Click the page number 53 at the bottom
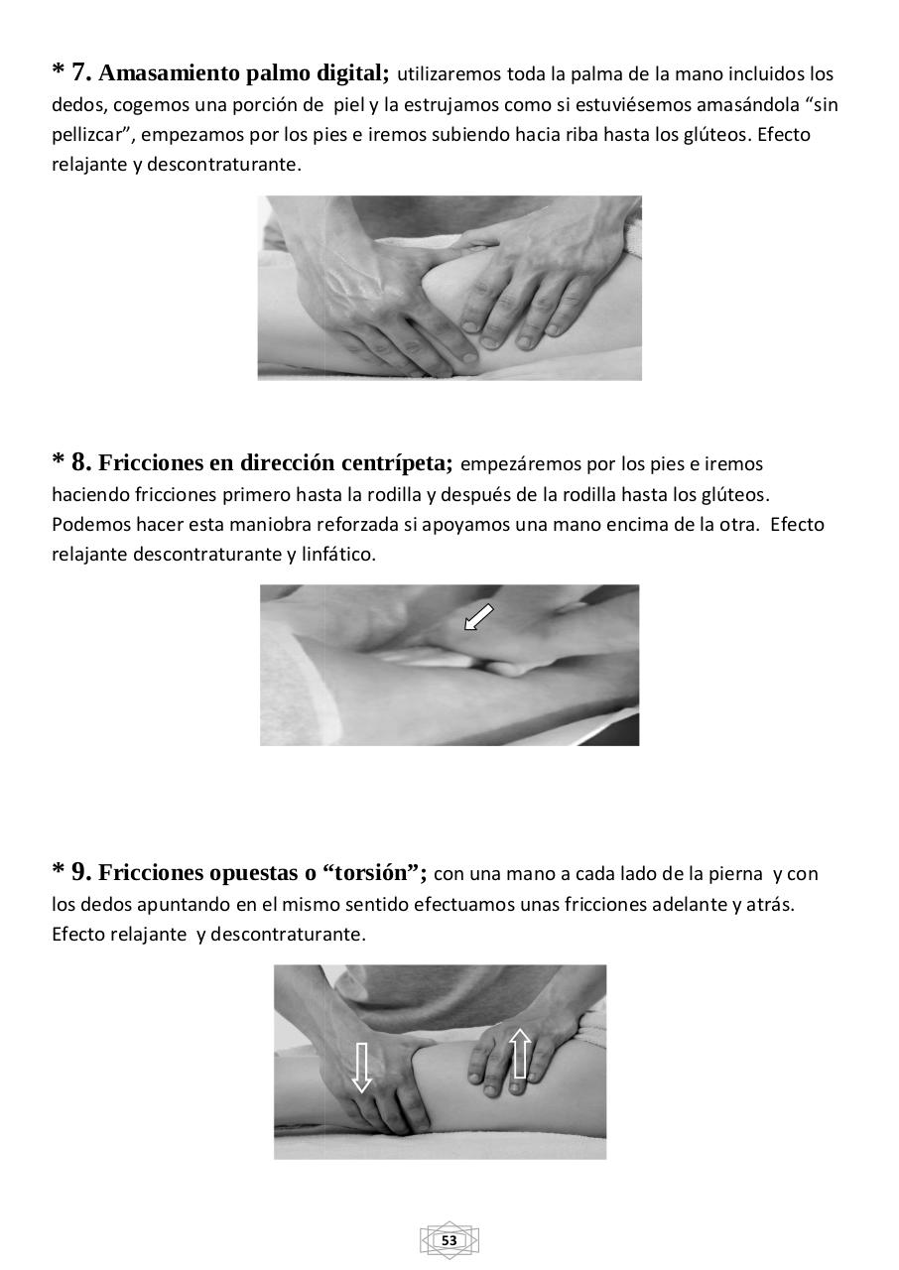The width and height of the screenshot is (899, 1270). tap(449, 1240)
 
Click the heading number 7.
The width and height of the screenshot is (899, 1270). tap(81, 72)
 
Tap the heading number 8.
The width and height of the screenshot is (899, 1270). tap(81, 462)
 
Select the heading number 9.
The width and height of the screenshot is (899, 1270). tap(81, 873)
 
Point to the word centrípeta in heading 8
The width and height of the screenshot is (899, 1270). tap(397, 463)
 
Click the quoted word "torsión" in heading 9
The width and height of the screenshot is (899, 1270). tap(375, 873)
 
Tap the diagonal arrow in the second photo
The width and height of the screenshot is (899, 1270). tap(478, 618)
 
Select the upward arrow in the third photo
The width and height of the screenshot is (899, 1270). tap(520, 1054)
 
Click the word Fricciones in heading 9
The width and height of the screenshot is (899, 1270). tap(151, 873)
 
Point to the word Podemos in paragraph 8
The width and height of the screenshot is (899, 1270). tap(87, 524)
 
